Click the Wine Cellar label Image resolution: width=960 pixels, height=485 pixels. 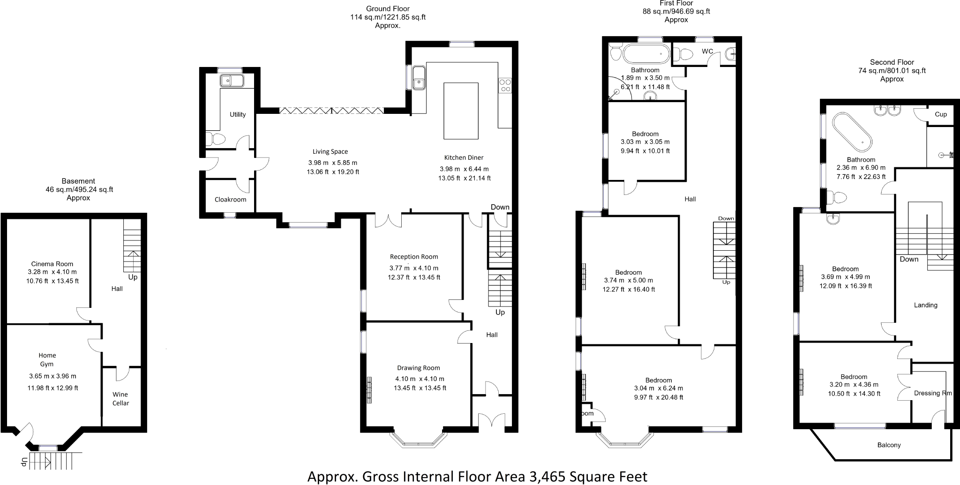pos(120,399)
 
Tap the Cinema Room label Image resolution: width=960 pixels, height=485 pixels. pos(52,264)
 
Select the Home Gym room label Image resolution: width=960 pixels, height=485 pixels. pos(47,359)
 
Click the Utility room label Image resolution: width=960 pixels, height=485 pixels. pos(238,114)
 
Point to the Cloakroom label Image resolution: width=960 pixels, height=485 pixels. pos(230,200)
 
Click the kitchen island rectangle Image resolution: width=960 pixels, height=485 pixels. pos(461,111)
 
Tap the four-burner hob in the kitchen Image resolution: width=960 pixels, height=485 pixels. pos(505,85)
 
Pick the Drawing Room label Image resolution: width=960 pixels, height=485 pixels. pos(419,368)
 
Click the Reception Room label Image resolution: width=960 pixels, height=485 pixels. pos(414,257)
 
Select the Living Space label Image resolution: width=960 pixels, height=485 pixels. pos(330,151)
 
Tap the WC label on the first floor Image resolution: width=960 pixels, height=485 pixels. pos(707,51)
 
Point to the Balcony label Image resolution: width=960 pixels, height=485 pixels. pos(889,445)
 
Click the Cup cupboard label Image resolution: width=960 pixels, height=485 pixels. pos(941,114)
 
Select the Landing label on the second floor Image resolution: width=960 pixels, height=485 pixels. pos(926,305)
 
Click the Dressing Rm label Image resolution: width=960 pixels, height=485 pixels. pos(933,393)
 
